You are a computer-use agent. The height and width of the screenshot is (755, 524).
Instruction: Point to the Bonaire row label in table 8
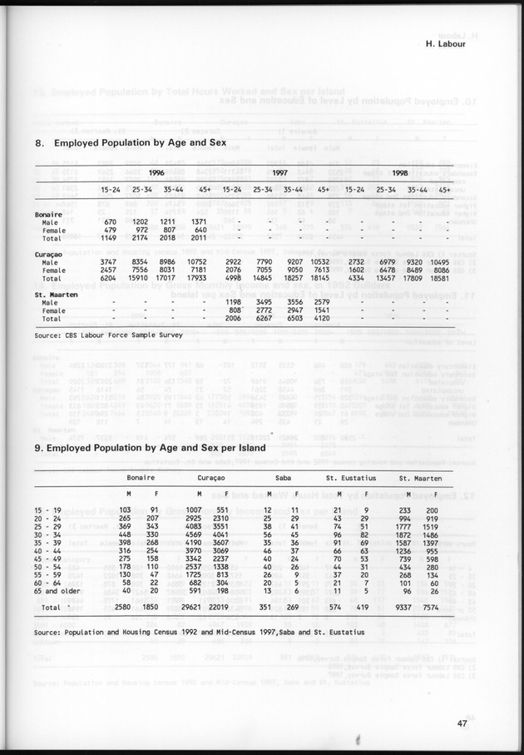click(x=51, y=214)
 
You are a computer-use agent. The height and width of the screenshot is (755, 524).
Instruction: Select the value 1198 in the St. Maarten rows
click(x=242, y=301)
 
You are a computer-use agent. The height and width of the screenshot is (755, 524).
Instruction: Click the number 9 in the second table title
click(x=38, y=447)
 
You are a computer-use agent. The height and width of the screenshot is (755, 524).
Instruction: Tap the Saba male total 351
click(x=267, y=608)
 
